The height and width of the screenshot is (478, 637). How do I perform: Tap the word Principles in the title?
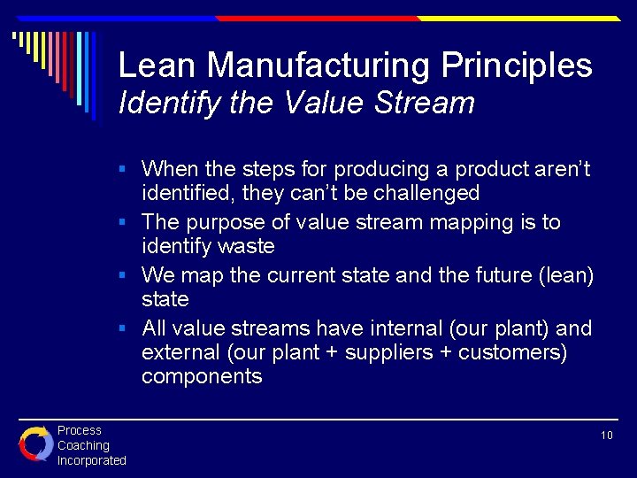pyautogui.click(x=517, y=66)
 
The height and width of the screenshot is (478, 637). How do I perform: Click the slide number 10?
pyautogui.click(x=606, y=436)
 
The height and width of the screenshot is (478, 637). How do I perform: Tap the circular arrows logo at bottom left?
pyautogui.click(x=35, y=443)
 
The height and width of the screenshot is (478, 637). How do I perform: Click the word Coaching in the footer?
pyautogui.click(x=83, y=445)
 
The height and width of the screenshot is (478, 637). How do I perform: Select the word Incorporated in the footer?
pyautogui.click(x=92, y=460)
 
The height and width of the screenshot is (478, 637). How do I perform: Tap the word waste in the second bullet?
pyautogui.click(x=247, y=246)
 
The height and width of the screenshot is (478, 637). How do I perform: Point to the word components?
pyautogui.click(x=202, y=376)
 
